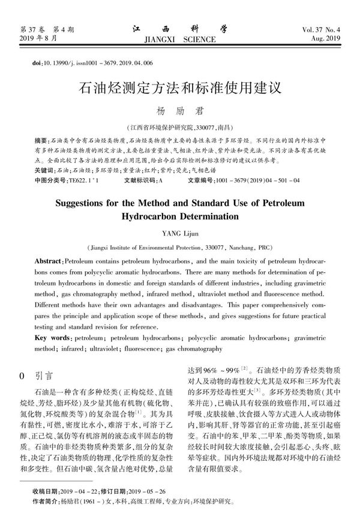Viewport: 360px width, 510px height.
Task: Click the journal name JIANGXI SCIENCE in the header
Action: [x=180, y=40]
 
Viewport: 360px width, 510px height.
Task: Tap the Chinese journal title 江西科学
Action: [x=180, y=28]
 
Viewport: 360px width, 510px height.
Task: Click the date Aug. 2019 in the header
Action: [x=324, y=39]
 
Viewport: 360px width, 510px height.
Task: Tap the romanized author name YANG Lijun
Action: [x=180, y=232]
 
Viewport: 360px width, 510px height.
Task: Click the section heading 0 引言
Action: [x=37, y=376]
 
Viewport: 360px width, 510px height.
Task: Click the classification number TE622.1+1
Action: [x=83, y=180]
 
